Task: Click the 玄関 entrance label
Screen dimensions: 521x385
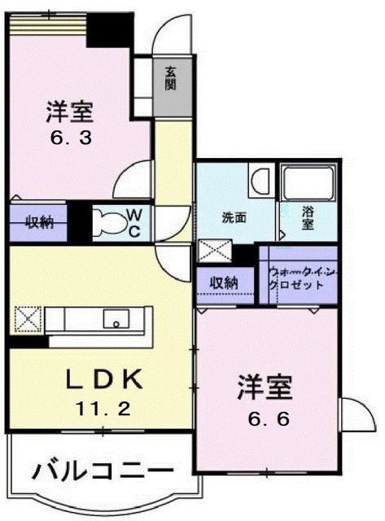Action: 171,77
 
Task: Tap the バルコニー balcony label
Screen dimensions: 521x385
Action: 103,472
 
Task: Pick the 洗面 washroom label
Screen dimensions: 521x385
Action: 234,217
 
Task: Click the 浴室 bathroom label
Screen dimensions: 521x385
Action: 308,217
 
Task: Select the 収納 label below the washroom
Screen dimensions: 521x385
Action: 224,282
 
